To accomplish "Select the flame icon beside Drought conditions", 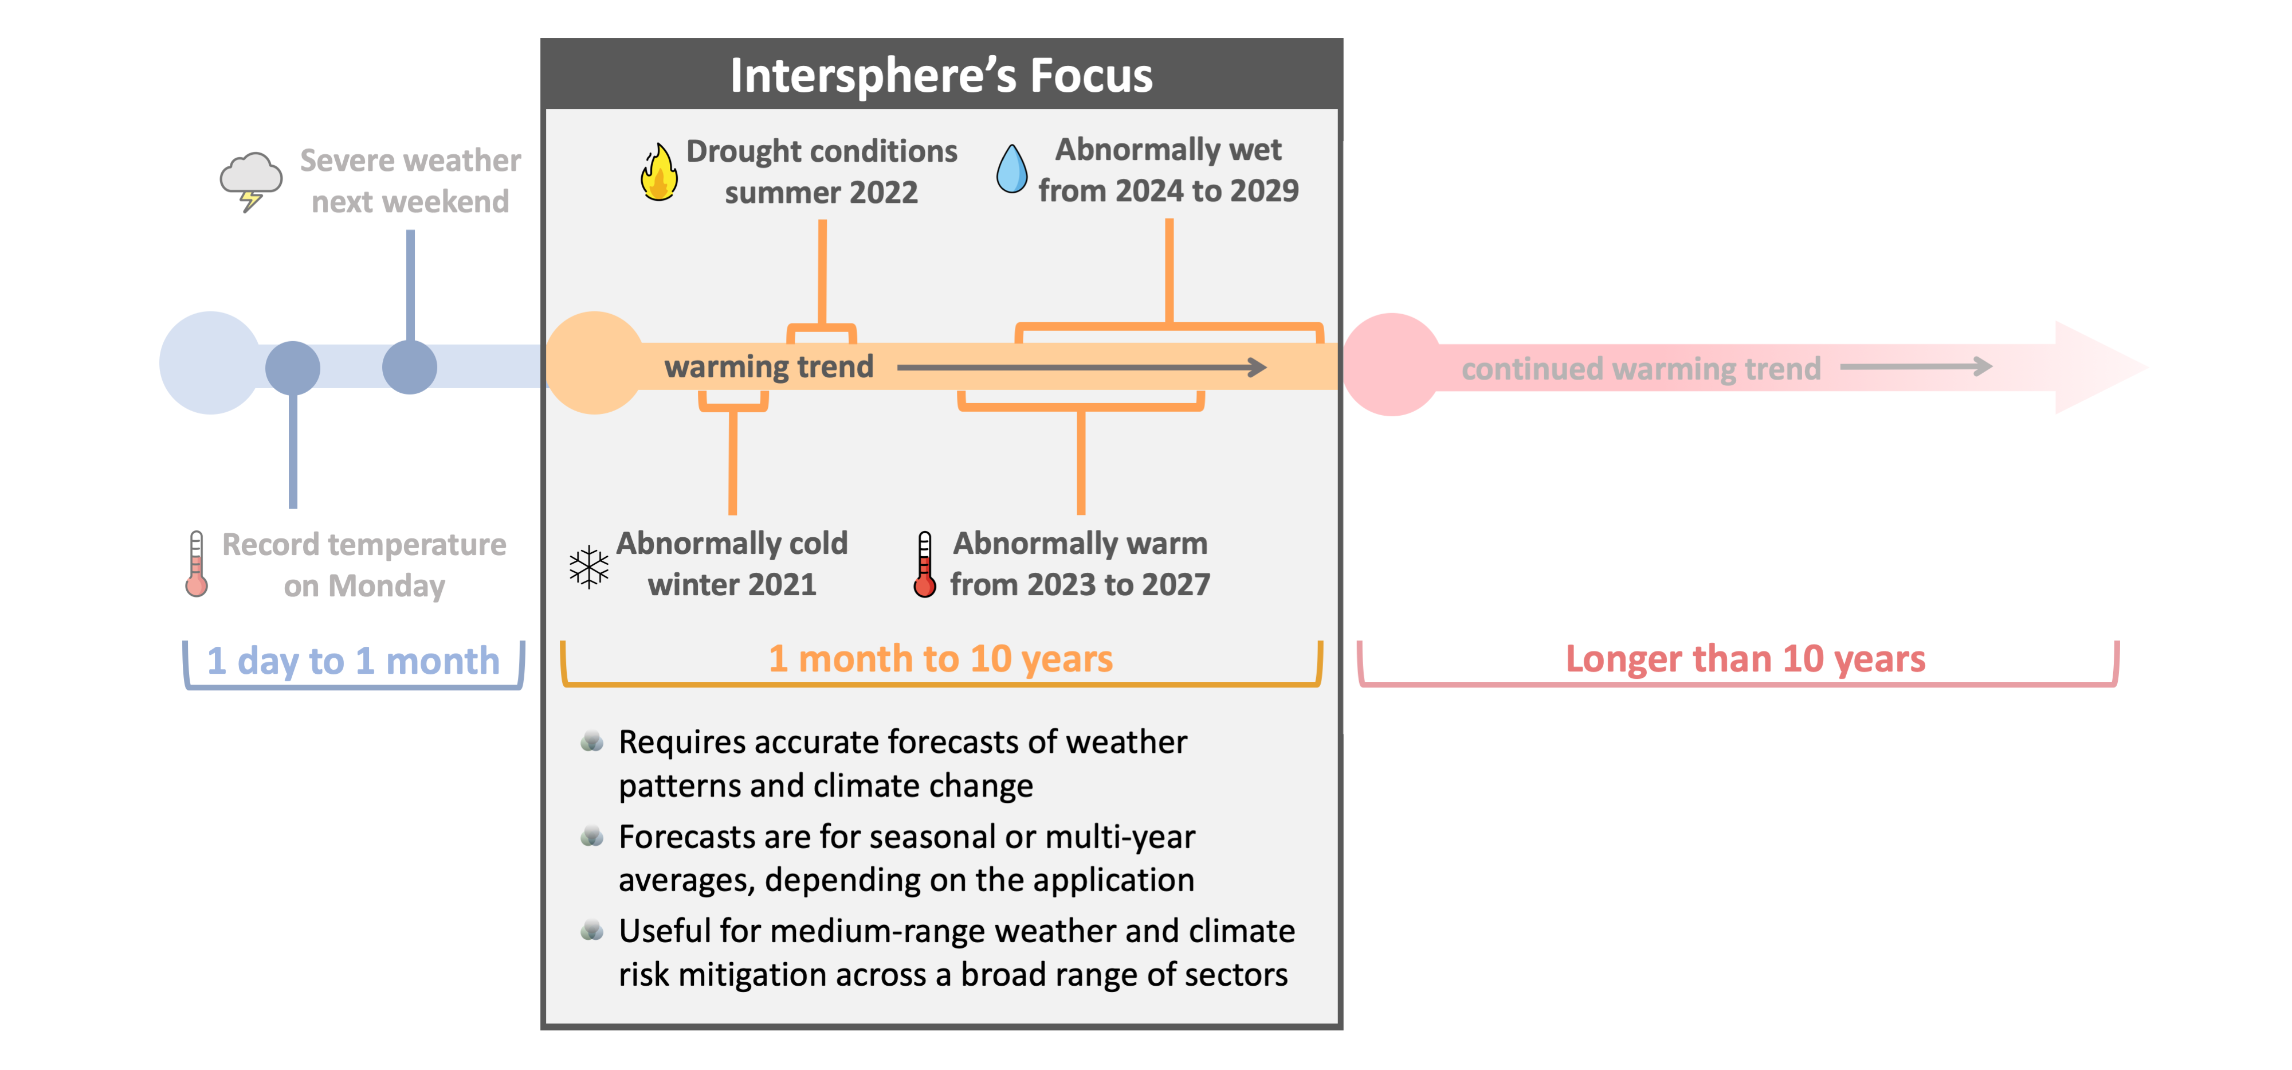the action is point(660,172).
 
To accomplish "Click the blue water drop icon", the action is point(1012,168).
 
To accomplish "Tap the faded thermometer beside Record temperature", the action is point(197,564).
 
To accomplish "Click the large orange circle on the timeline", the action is point(594,363).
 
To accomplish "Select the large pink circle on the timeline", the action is point(1392,364).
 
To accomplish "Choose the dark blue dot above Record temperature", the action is point(293,368).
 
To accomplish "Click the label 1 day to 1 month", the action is point(353,661).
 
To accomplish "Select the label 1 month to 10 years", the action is point(940,659).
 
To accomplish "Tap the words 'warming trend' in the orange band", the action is point(769,367).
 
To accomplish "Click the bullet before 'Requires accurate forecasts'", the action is point(592,741).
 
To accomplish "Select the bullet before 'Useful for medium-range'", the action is point(592,930).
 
